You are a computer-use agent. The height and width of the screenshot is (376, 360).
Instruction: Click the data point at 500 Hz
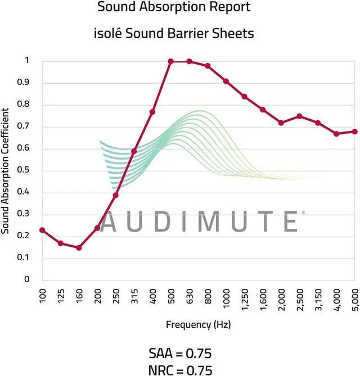click(171, 61)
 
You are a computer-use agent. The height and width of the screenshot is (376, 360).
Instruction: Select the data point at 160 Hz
click(79, 248)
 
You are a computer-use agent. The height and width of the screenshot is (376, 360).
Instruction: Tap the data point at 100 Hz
click(42, 230)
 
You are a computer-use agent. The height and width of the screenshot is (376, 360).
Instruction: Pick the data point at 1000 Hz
click(226, 81)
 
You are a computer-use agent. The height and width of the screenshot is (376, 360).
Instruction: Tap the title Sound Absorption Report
click(174, 7)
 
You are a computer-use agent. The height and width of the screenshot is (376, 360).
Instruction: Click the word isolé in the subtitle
click(108, 34)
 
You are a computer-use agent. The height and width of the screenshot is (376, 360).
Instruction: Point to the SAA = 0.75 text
click(181, 354)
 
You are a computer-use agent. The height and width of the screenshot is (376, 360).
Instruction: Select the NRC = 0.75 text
click(181, 369)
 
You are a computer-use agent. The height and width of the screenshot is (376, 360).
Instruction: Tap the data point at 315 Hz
click(134, 151)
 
